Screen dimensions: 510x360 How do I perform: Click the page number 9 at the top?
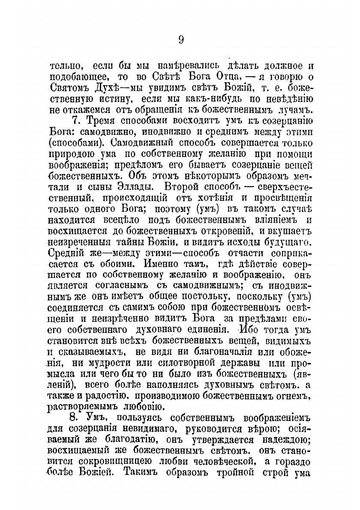[x=180, y=40]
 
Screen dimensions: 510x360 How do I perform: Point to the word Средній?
[x=67, y=253]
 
